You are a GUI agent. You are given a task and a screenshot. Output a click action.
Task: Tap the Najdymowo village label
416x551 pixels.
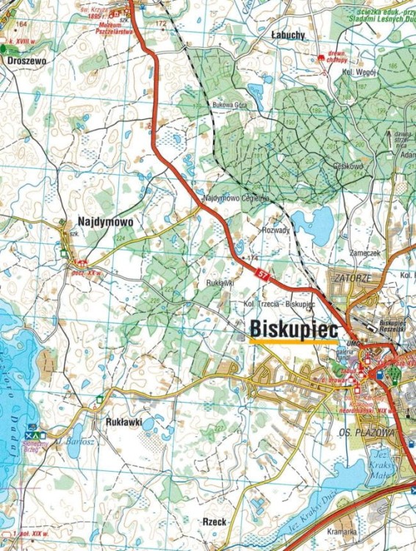104,220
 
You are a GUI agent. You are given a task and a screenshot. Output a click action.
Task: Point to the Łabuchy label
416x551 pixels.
287,35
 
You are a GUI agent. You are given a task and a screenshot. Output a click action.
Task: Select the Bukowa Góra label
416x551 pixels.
229,105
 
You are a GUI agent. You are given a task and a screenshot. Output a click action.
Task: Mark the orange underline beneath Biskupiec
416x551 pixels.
294,342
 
